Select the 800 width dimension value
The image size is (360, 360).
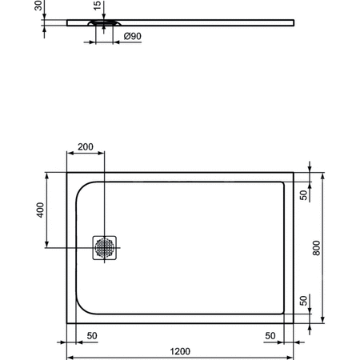[x=317, y=249]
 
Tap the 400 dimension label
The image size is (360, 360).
[x=39, y=210]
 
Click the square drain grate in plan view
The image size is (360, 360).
[x=105, y=246]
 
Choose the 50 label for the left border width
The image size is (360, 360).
[x=92, y=336]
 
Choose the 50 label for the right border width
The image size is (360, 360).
[x=270, y=336]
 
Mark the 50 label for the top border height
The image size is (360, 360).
[x=304, y=195]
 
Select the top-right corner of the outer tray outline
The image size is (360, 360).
[x=293, y=172]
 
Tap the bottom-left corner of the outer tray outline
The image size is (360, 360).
[x=66, y=324]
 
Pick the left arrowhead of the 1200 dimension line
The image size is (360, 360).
[x=68, y=357]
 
